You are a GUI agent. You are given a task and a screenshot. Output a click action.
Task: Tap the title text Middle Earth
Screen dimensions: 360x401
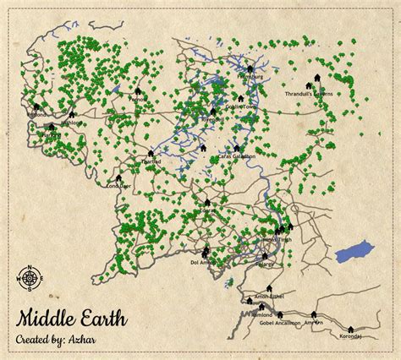pyautogui.click(x=71, y=319)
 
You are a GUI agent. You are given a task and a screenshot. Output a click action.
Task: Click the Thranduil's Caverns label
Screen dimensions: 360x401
pyautogui.click(x=310, y=93)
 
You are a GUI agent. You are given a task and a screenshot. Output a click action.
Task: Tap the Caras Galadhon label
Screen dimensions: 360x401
pyautogui.click(x=237, y=156)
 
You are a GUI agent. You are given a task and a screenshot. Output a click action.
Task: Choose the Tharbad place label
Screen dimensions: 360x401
pyautogui.click(x=151, y=161)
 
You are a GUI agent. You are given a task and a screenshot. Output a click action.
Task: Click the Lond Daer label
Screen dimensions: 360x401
pyautogui.click(x=118, y=186)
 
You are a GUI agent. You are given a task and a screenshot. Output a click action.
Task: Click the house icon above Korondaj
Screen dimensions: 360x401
pyautogui.click(x=352, y=328)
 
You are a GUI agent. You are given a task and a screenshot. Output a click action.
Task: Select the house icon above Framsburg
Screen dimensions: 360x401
pyautogui.click(x=250, y=69)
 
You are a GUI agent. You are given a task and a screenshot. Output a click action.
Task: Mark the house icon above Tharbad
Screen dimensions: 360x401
pyautogui.click(x=151, y=154)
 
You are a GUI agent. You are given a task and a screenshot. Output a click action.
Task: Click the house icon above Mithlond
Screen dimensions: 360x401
pyautogui.click(x=73, y=114)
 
